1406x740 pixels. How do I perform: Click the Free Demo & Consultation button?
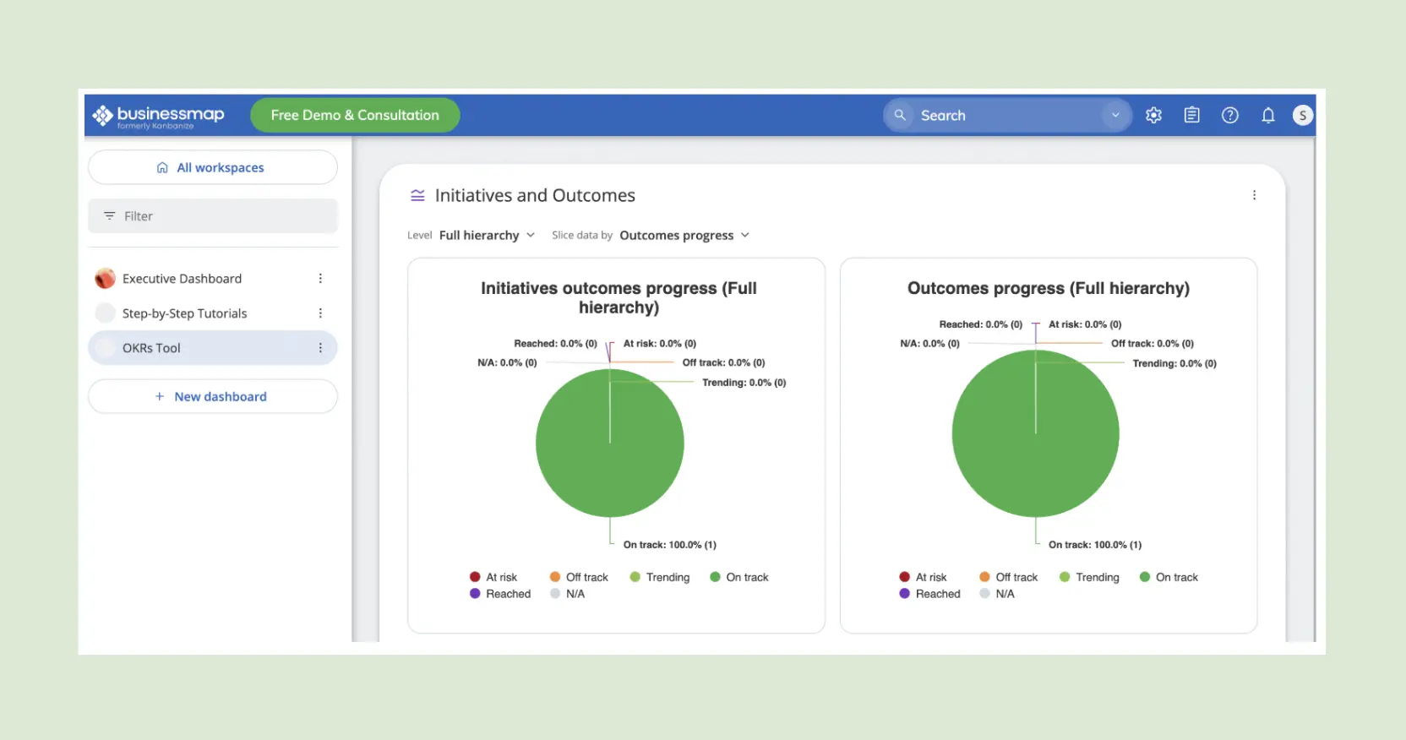click(x=355, y=116)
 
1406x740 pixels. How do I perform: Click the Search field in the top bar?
click(x=1005, y=116)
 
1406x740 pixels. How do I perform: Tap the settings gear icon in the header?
click(x=1153, y=116)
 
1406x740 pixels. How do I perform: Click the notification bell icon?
click(x=1267, y=116)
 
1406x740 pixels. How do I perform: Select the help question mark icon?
click(x=1229, y=116)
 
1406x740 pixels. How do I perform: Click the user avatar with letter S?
click(x=1302, y=116)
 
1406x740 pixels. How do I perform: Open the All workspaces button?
click(x=213, y=168)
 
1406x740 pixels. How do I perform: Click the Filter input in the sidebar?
click(x=213, y=216)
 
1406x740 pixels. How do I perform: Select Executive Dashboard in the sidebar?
click(x=182, y=279)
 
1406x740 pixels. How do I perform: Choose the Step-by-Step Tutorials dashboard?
click(x=184, y=313)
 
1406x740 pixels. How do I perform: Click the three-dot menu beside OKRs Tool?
click(x=320, y=348)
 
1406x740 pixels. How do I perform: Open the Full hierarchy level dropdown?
click(x=487, y=236)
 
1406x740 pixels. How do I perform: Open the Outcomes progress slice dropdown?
click(x=684, y=236)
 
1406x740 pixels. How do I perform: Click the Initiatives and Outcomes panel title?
click(x=534, y=196)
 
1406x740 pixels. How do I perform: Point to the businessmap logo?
click(x=159, y=116)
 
